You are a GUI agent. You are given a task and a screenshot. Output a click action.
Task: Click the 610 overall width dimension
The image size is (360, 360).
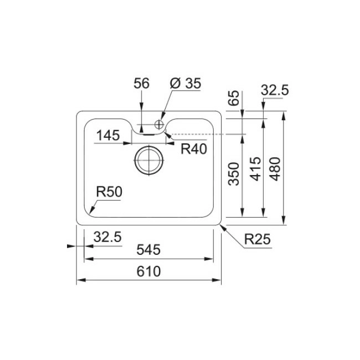tap(148, 271)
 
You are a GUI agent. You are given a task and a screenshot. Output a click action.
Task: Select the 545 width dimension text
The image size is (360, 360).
tap(148, 250)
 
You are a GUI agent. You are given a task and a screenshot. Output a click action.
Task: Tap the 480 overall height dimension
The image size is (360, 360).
tap(275, 169)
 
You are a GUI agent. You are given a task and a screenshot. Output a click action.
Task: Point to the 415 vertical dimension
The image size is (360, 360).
tap(256, 169)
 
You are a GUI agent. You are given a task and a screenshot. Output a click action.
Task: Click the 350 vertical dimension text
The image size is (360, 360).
tap(234, 174)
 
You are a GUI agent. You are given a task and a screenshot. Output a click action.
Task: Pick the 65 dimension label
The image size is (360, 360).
tap(234, 98)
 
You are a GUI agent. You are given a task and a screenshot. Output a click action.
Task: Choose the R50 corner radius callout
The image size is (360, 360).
tap(109, 192)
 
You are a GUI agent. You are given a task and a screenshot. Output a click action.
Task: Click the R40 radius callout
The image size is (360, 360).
tap(194, 149)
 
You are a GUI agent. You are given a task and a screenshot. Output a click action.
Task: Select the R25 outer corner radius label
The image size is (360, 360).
tap(258, 239)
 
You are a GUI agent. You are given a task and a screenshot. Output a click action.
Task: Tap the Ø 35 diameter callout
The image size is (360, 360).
tap(186, 83)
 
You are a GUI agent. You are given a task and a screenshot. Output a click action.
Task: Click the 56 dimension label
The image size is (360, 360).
tap(141, 83)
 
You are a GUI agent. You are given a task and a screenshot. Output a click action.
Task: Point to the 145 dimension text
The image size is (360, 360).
tap(108, 135)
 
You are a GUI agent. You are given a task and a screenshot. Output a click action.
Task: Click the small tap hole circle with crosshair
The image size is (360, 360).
tap(159, 125)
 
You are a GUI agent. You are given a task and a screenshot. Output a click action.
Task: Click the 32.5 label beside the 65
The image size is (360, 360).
tap(275, 90)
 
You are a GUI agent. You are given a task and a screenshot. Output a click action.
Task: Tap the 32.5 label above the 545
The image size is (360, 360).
tap(107, 237)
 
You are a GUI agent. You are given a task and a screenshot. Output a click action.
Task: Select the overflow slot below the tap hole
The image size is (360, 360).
tap(149, 135)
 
